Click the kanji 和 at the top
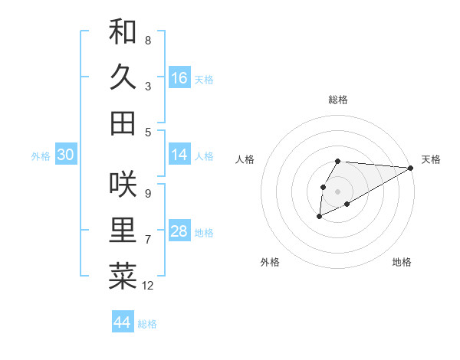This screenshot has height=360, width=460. tap(123, 31)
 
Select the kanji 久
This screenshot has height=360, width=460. tap(123, 77)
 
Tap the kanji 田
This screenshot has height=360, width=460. tap(123, 123)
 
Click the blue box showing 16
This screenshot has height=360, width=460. tap(179, 77)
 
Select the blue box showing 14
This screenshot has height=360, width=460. tap(179, 155)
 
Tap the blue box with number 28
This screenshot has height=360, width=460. tap(179, 231)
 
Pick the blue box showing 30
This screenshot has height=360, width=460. tap(65, 155)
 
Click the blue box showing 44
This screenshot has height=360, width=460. tap(122, 322)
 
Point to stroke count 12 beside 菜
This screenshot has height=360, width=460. tap(148, 286)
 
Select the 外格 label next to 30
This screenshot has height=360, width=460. tap(41, 156)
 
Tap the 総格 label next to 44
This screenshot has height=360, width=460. tap(147, 324)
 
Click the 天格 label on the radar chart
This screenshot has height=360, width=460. tap(431, 159)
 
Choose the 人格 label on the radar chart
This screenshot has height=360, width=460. tap(245, 159)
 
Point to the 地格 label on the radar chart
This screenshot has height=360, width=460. tap(402, 262)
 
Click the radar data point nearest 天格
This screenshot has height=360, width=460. tap(411, 168)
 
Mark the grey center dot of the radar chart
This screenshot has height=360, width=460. tap(337, 191)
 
